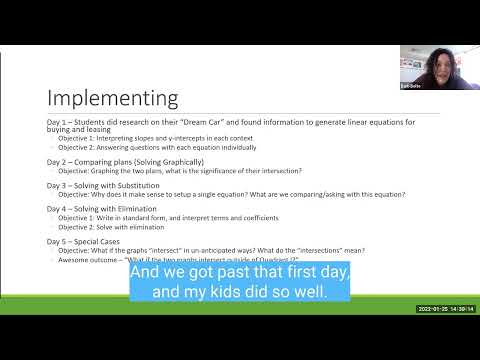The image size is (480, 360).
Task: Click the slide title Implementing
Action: click(x=113, y=98)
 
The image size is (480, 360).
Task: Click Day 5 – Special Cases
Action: click(x=93, y=242)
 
